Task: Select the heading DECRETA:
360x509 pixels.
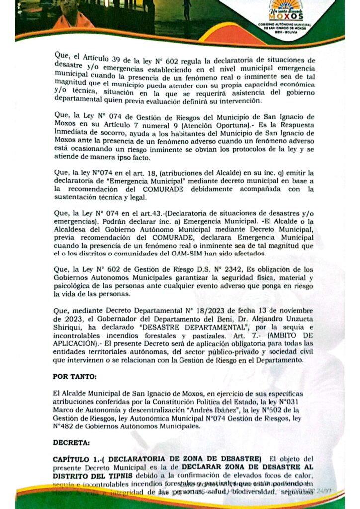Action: [x=70, y=441]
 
